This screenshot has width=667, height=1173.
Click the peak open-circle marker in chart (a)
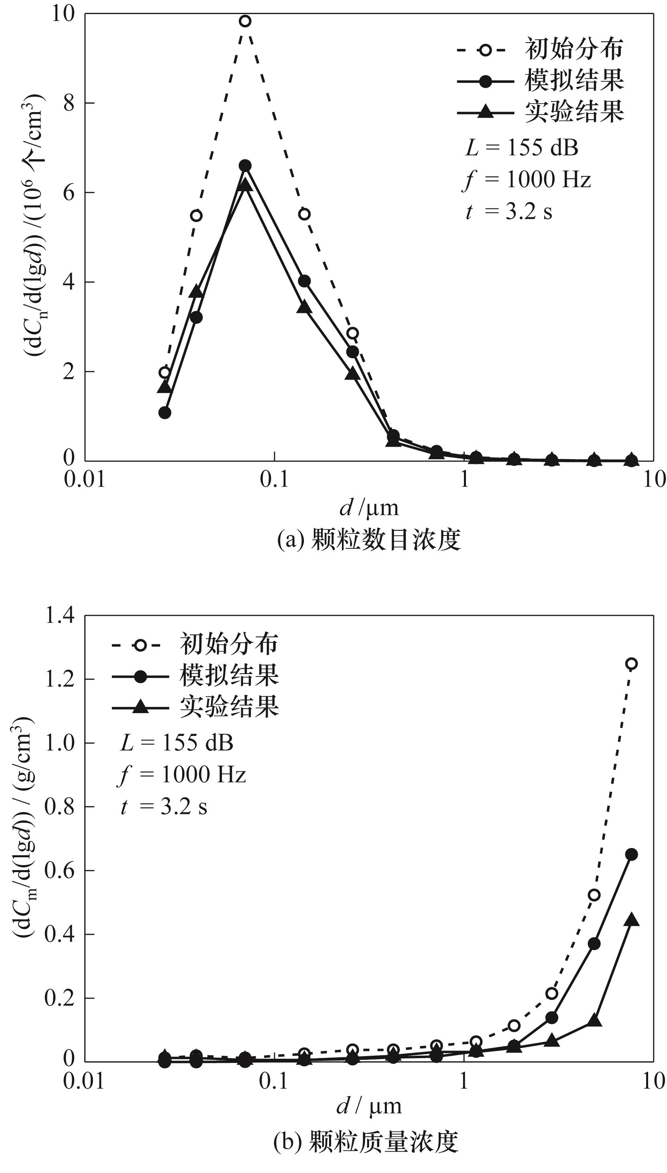(245, 21)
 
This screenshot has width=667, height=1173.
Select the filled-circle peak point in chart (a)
(245, 166)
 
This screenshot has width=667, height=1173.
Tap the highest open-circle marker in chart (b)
(631, 664)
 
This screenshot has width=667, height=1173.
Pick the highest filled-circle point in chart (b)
(631, 854)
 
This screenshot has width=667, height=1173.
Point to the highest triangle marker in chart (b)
(631, 919)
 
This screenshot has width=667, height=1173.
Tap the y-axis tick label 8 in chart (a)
(69, 103)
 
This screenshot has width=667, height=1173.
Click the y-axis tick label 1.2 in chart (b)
(59, 679)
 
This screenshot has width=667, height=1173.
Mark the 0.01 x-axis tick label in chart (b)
(84, 1081)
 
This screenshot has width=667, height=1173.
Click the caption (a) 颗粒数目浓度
(369, 540)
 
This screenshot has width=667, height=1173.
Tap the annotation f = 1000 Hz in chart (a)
(527, 179)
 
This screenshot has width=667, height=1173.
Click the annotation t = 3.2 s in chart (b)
(164, 807)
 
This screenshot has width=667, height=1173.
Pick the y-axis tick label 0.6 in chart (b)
(59, 871)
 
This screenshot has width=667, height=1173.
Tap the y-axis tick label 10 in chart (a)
(63, 15)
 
